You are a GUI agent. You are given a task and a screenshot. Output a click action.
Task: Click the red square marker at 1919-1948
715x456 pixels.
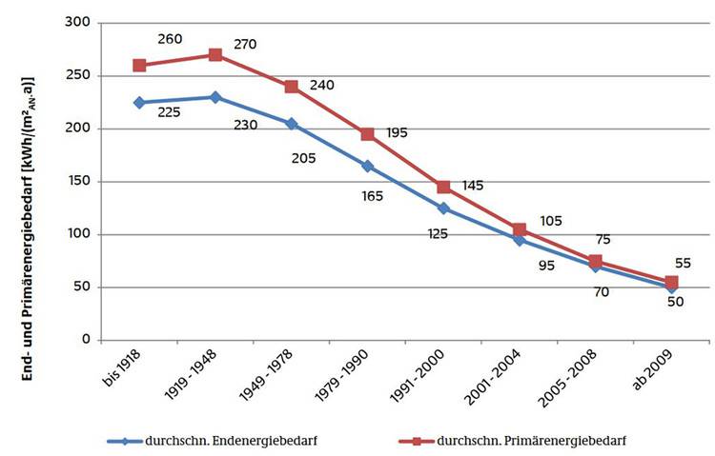coord(215,55)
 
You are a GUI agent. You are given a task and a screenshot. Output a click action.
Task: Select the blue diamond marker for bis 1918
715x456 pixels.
coord(139,102)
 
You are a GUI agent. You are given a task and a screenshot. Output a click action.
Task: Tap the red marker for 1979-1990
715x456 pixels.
coord(367,134)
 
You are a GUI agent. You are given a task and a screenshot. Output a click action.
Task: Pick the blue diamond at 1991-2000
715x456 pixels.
coord(443,208)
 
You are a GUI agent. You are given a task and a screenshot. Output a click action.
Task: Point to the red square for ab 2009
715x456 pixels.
coord(671,282)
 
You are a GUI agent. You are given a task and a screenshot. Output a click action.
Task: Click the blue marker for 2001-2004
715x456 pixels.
coord(520,239)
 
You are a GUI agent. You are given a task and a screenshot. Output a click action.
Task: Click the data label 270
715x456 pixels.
coord(246,44)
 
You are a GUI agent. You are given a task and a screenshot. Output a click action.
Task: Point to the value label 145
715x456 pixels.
coord(474,185)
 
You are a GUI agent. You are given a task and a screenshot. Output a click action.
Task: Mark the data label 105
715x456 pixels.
coord(550,221)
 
